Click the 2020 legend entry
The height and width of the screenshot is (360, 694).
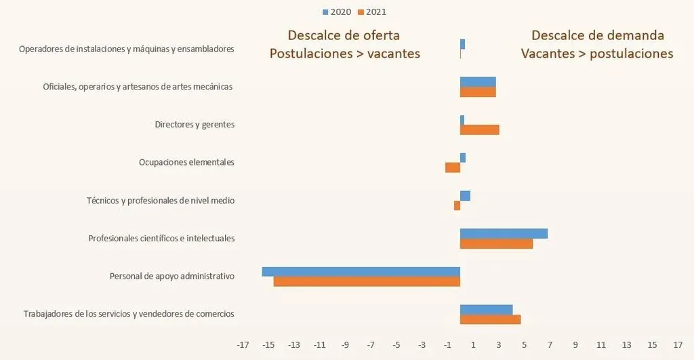coord(336,12)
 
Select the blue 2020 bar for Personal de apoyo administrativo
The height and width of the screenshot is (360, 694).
coord(361,271)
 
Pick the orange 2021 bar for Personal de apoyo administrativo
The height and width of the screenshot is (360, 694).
coord(367,281)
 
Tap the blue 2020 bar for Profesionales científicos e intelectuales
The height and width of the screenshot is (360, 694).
coord(504,233)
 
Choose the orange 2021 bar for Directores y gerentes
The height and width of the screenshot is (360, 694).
coord(480,129)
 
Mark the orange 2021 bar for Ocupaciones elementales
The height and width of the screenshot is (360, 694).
coord(453,167)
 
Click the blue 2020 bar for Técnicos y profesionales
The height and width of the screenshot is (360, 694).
coord(465,195)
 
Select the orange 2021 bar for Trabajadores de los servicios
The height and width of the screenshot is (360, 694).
coord(490,319)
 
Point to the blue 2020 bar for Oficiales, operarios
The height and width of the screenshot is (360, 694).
coord(478,81)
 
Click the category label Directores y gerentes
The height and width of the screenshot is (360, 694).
coord(195,125)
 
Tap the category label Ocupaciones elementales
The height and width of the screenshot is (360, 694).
coord(186,163)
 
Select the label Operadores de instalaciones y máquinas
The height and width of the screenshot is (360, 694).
coord(127,49)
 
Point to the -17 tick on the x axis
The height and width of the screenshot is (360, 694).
coord(243,345)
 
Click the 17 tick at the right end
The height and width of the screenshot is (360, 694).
coord(678,345)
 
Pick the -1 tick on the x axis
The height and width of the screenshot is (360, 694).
coord(447,345)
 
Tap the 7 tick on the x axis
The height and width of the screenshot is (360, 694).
coord(550,345)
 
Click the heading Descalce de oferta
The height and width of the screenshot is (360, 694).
coord(344,35)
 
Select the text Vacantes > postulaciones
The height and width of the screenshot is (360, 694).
coord(597,54)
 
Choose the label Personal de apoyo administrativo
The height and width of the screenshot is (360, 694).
coord(171,277)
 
